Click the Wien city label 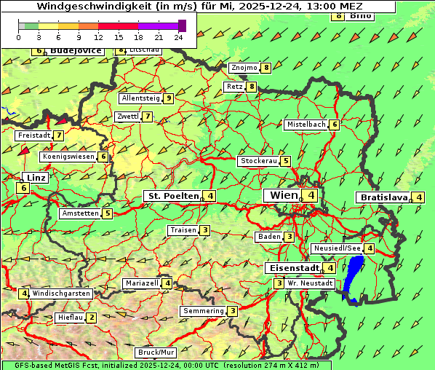coord(284,195)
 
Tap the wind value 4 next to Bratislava coord(419,197)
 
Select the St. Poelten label coord(172,195)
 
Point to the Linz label coord(35,178)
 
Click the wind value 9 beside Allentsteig coord(168,98)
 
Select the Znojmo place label coord(244,68)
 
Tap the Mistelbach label coord(306,125)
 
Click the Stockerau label coord(258,161)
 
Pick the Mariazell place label coord(141,283)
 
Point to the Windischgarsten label coord(60,294)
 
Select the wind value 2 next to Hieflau coord(92,318)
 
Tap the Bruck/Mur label coord(156,353)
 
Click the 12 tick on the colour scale coord(97,36)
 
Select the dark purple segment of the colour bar coord(182,25)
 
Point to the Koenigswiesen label coord(68,157)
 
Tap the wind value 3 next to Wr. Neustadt coord(279,283)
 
